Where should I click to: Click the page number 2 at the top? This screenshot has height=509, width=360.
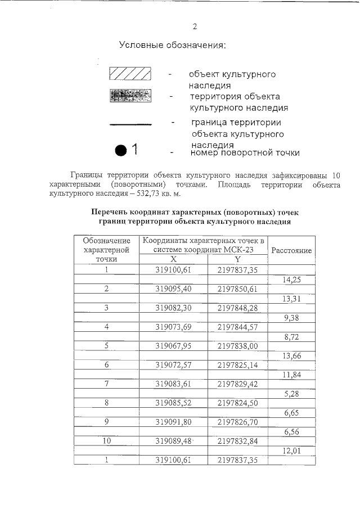pos(195,26)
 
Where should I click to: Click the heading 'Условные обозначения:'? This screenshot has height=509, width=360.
pos(172,45)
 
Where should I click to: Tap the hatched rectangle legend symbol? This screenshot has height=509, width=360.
pos(130,74)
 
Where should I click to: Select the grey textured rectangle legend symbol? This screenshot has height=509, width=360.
pos(130,96)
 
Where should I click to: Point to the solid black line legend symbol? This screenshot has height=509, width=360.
pos(130,123)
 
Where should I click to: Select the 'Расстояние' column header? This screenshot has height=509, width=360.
pos(291,250)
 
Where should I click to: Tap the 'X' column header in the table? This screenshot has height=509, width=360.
pos(174,259)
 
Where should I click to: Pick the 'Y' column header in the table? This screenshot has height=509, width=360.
pos(237,259)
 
